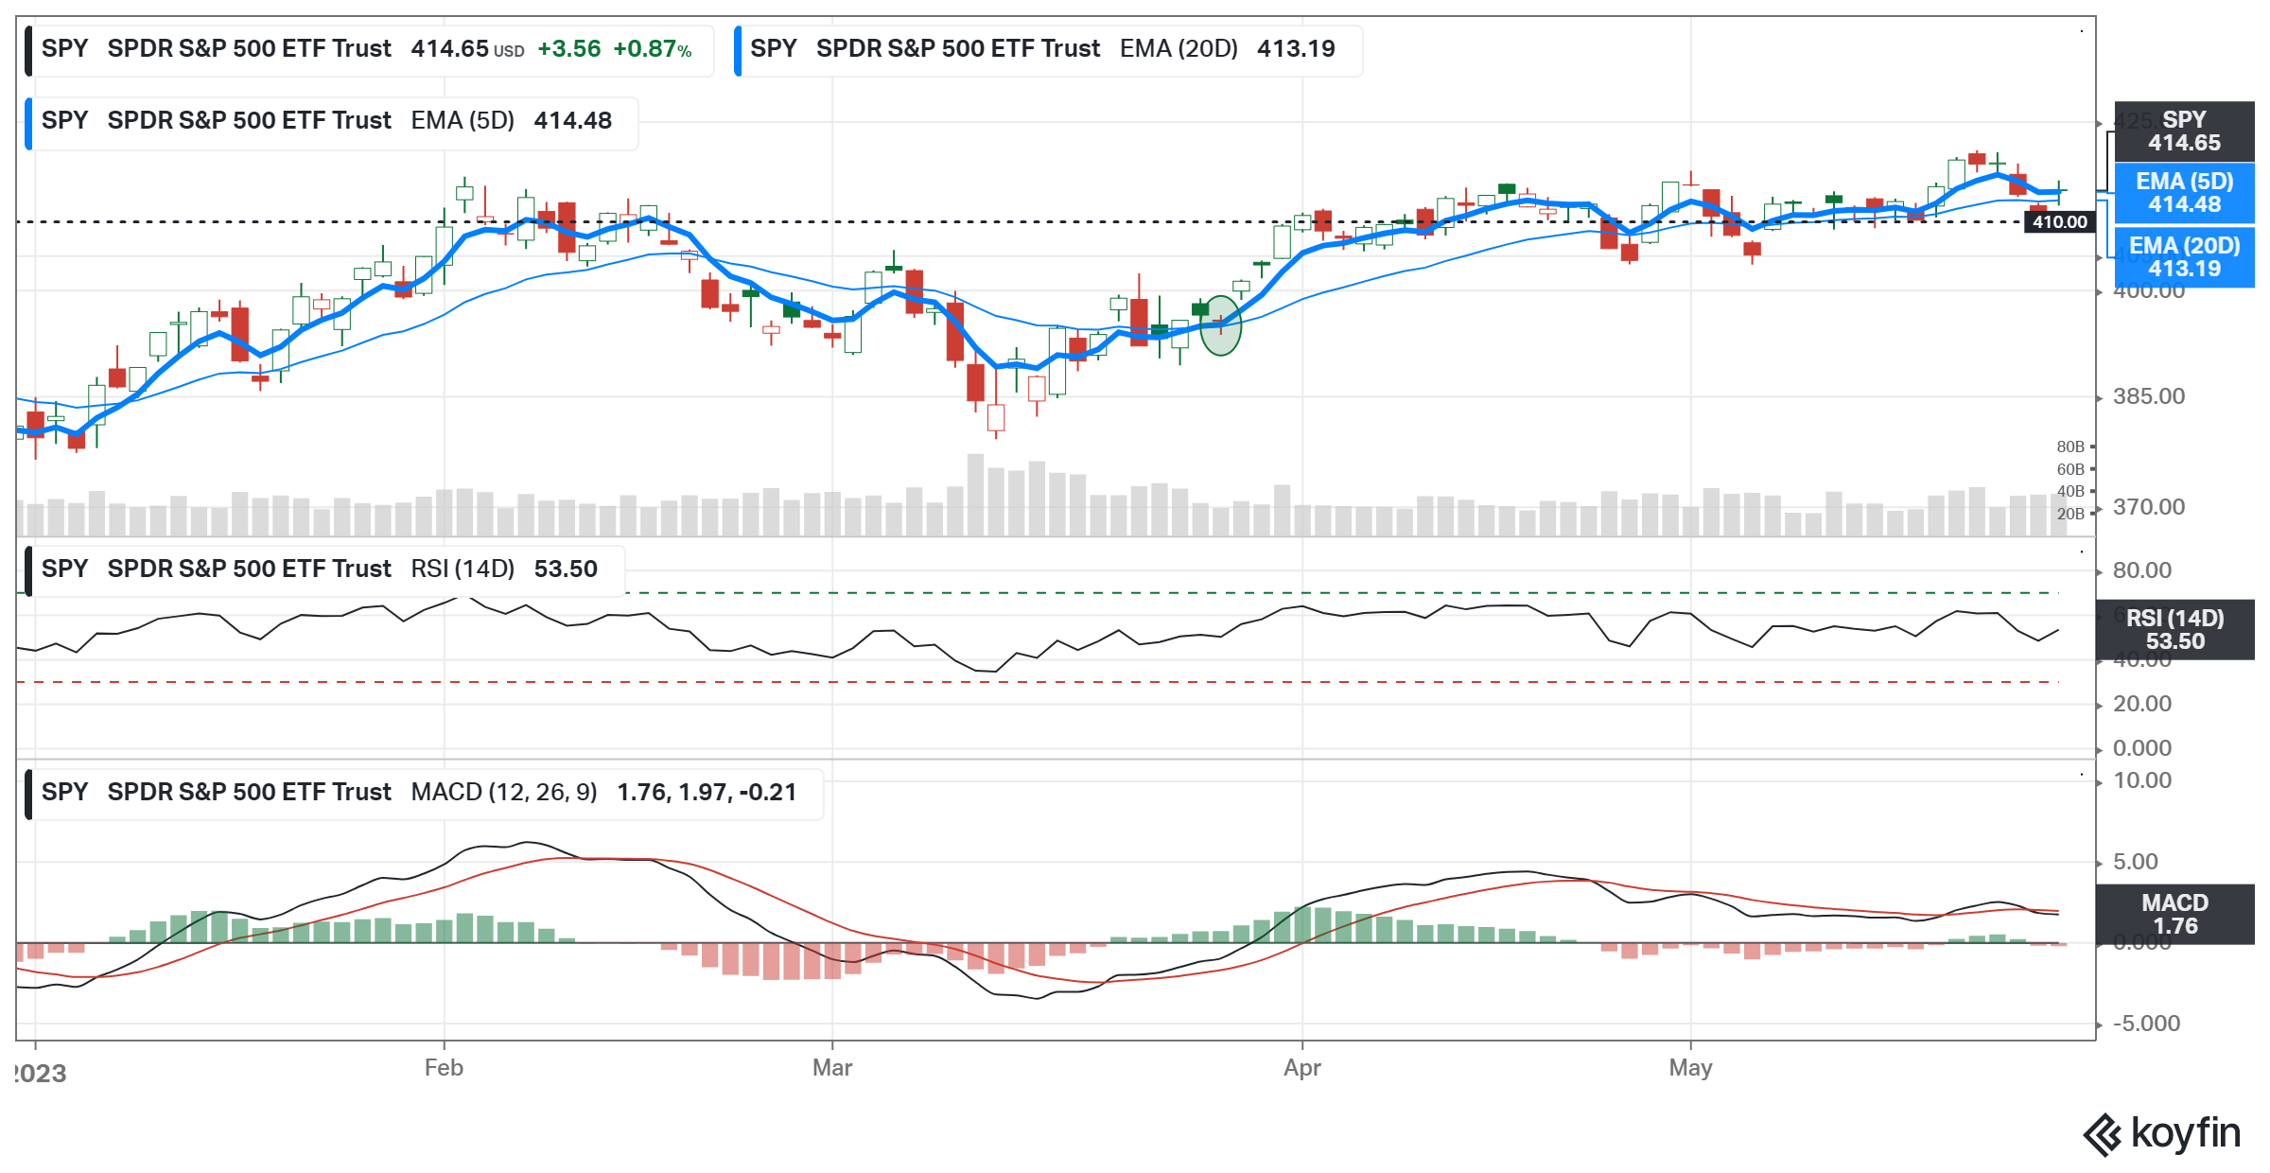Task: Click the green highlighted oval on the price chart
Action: (x=1220, y=325)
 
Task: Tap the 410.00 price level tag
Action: (x=2059, y=222)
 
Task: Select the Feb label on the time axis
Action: (x=444, y=1068)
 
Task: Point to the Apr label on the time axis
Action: (x=1301, y=1068)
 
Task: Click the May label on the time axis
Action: (x=1690, y=1068)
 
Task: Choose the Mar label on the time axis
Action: (x=832, y=1068)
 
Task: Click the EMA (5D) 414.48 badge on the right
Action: (x=2184, y=193)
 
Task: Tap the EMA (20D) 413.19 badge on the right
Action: (x=2184, y=257)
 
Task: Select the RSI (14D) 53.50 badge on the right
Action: (x=2174, y=630)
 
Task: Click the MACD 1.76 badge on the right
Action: (x=2174, y=915)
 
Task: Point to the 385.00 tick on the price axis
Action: (x=2149, y=396)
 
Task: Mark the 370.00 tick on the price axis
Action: (x=2149, y=507)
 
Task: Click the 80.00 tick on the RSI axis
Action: (x=2142, y=570)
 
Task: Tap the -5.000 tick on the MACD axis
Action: (x=2146, y=1024)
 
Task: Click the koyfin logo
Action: (x=2162, y=1133)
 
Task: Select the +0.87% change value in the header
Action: (x=652, y=49)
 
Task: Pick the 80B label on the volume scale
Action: (x=2070, y=446)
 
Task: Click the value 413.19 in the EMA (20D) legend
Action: (x=1296, y=49)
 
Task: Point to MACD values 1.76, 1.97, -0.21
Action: (x=707, y=793)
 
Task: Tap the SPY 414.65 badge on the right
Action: (x=2184, y=131)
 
